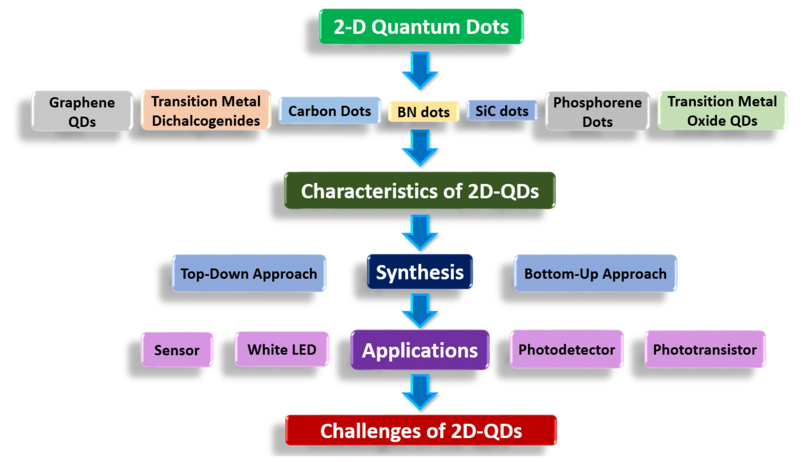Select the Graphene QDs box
point(82,111)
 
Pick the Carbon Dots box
point(329,111)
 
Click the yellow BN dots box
point(423,112)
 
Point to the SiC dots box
point(502,111)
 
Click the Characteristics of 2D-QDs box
point(420,191)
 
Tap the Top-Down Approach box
point(249,273)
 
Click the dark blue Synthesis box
point(420,272)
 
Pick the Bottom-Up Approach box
point(595,273)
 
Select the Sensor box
point(177,350)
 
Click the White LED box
point(282,349)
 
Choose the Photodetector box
point(566,349)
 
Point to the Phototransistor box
point(705,349)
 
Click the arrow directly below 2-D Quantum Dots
point(420,70)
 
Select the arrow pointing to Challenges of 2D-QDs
point(420,392)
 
